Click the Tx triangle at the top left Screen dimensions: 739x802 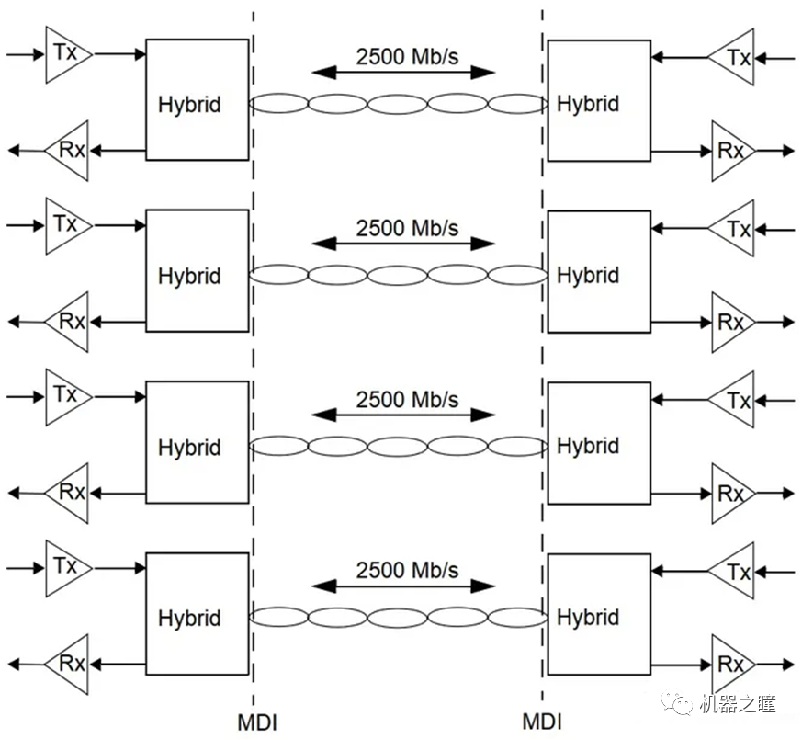click(66, 54)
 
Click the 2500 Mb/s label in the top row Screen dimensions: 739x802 click(407, 55)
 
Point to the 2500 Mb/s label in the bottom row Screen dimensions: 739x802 click(407, 570)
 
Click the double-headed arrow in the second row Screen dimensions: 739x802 click(403, 244)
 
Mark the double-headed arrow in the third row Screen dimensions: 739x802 click(403, 415)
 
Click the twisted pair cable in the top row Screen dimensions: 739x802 click(399, 104)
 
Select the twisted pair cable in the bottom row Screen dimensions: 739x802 click(399, 617)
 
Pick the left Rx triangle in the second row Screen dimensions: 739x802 click(69, 322)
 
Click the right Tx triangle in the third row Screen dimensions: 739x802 click(734, 401)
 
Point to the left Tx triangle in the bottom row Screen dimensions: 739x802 click(66, 565)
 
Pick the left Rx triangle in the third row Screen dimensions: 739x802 click(69, 493)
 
